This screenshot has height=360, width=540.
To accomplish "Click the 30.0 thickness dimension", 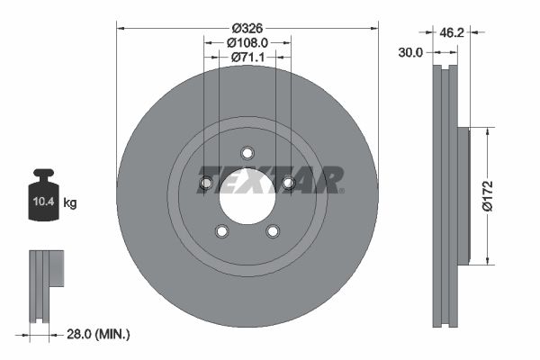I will point(410,53).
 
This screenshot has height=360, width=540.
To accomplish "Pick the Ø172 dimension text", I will point(488,195).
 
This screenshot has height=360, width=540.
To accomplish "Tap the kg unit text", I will point(70,203).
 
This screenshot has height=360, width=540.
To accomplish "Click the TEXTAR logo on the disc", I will point(270,179).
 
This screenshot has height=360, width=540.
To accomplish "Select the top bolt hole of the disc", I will point(247,152).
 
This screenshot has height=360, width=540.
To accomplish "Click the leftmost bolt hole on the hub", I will point(205,184).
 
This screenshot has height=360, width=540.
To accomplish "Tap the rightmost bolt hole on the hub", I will point(289,184).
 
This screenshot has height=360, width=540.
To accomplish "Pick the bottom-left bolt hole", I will point(221,232).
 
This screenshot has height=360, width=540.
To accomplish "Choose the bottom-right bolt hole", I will point(273,232).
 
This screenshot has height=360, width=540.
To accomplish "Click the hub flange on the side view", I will point(463,196).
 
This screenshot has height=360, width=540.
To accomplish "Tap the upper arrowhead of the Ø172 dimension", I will point(487,131).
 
